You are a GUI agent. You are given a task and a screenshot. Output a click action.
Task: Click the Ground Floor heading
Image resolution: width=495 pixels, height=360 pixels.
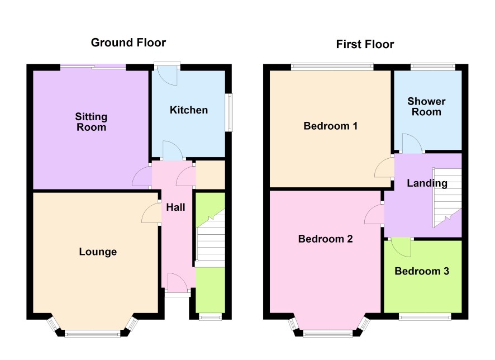(128, 42)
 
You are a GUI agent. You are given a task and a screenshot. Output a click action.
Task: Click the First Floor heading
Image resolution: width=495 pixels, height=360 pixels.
(365, 44)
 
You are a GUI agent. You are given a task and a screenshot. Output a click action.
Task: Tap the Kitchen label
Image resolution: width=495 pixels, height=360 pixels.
(189, 110)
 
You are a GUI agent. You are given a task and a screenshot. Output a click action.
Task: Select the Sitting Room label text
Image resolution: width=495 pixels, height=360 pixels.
(91, 122)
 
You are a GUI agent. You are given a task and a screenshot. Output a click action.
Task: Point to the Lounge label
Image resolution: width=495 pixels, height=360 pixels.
(98, 252)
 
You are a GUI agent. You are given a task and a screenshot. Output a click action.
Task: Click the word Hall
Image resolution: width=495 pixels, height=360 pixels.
(175, 207)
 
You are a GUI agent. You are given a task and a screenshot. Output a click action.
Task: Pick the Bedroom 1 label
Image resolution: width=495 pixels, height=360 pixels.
(331, 126)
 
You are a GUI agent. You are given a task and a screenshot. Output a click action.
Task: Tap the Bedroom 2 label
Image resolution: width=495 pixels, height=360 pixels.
(326, 239)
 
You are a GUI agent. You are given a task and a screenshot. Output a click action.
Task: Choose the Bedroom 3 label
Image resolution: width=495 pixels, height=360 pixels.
(422, 271)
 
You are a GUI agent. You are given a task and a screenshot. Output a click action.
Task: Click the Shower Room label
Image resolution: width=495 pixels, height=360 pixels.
(426, 106)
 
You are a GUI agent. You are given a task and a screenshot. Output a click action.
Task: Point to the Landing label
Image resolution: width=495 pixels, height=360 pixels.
(427, 183)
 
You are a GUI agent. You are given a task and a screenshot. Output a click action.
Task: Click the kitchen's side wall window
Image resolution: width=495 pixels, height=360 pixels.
(229, 112)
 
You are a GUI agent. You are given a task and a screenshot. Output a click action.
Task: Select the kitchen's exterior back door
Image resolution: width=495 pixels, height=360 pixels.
(167, 74)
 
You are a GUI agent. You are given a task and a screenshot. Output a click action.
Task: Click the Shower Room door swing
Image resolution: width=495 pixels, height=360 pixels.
(412, 143)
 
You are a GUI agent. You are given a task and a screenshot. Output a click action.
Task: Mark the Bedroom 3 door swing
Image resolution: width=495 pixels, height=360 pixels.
(401, 248)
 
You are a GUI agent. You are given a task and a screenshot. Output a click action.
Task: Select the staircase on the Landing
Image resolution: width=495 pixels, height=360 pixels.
(447, 198)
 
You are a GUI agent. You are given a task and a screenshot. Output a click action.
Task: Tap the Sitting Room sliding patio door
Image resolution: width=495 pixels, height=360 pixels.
(93, 67)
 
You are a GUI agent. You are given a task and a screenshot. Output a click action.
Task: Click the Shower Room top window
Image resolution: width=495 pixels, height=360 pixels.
(432, 67)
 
